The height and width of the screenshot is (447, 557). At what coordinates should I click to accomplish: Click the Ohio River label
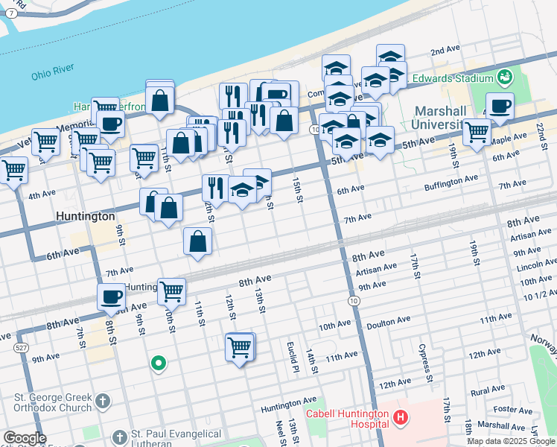click(x=54, y=75)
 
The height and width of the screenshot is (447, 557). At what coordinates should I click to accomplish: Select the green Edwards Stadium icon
click(x=506, y=77)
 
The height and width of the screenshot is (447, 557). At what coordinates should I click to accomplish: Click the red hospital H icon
click(x=401, y=418)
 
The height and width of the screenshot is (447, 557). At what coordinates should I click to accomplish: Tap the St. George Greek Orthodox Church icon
click(x=102, y=402)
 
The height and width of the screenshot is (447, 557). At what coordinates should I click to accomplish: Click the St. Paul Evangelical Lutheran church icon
click(x=119, y=437)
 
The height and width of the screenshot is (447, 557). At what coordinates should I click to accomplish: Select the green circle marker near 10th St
click(x=158, y=364)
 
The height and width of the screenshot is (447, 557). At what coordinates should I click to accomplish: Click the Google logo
click(x=25, y=438)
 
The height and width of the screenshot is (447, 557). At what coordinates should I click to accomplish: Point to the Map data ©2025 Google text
click(x=510, y=441)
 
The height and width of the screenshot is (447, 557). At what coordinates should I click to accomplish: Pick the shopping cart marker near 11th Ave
click(x=240, y=346)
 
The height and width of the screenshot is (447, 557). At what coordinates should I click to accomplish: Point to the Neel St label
click(x=281, y=431)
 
